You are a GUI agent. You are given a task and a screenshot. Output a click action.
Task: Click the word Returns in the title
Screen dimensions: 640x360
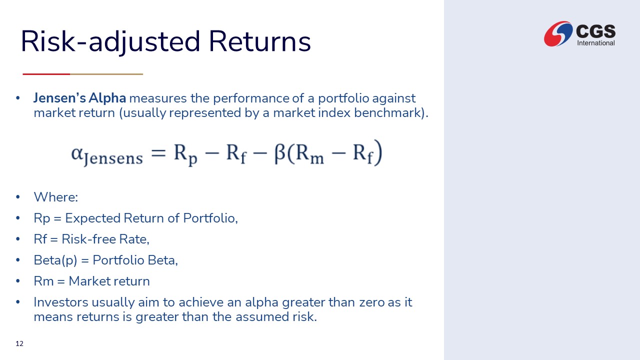[259, 41]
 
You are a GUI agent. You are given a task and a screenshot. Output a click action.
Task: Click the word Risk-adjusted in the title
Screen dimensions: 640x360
[110, 42]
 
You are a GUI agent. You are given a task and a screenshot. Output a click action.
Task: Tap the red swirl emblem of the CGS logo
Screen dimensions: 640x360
[558, 33]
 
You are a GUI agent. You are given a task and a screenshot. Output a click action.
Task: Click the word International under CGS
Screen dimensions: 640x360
[595, 43]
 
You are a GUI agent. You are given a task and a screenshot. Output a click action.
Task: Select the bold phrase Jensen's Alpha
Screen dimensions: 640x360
[79, 98]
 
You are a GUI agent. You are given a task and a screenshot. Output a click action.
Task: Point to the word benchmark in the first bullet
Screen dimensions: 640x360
[387, 112]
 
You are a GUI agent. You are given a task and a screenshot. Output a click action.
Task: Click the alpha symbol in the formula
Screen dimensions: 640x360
[77, 153]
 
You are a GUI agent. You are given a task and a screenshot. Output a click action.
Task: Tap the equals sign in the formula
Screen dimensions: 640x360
[158, 152]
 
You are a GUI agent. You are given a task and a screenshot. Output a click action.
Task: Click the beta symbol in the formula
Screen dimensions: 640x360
[279, 153]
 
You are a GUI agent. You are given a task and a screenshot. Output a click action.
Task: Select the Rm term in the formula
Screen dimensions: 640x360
[309, 154]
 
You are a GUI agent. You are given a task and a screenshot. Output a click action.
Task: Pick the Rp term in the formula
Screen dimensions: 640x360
[185, 154]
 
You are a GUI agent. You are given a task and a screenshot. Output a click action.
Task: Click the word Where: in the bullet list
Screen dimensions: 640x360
[56, 197]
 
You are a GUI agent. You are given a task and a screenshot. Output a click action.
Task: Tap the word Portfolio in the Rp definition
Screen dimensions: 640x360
[210, 218]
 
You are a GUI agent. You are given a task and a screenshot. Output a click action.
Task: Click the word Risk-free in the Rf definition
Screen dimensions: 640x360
[88, 239]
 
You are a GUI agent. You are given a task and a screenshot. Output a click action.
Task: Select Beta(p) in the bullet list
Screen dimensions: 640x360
[55, 260]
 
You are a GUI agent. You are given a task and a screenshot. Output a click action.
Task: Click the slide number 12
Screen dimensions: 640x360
[19, 343]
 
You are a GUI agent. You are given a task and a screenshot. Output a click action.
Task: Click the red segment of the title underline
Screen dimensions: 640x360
[46, 74]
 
